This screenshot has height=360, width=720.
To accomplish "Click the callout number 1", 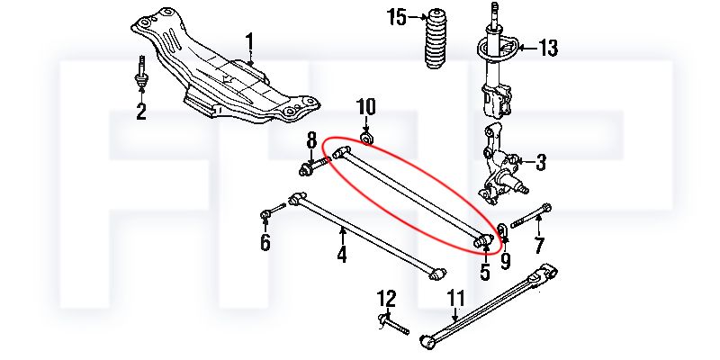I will pyautogui.click(x=250, y=42).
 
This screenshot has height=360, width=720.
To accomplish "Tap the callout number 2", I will pyautogui.click(x=141, y=112).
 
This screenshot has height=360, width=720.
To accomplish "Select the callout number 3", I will pyautogui.click(x=540, y=163).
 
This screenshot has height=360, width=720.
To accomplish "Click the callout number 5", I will pyautogui.click(x=484, y=270).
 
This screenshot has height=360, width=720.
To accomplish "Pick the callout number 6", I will pyautogui.click(x=265, y=243).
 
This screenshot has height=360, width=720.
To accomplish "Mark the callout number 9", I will pyautogui.click(x=505, y=262).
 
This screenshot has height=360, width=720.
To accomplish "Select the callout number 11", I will pyautogui.click(x=456, y=298).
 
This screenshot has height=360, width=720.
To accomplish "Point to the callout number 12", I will pyautogui.click(x=386, y=298).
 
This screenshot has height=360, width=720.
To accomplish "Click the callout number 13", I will pyautogui.click(x=548, y=47).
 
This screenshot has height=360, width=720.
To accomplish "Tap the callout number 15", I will pyautogui.click(x=397, y=17).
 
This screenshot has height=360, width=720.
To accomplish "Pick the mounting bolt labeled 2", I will pyautogui.click(x=141, y=77).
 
